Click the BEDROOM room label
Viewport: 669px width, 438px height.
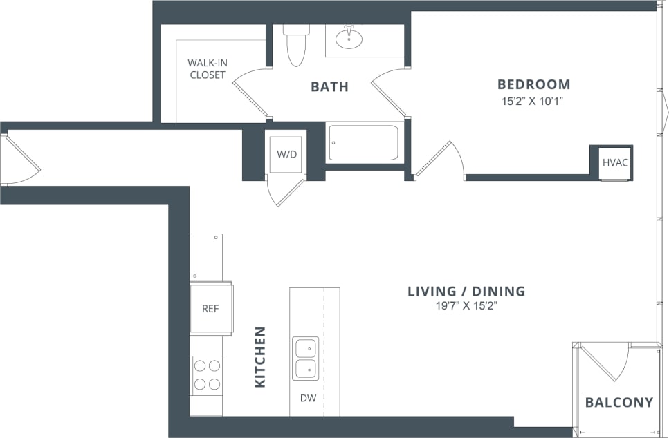pyautogui.click(x=533, y=84)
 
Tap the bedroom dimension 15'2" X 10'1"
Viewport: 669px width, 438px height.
pyautogui.click(x=533, y=101)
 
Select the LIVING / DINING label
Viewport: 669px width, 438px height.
pyautogui.click(x=466, y=291)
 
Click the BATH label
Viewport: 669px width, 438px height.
pyautogui.click(x=329, y=87)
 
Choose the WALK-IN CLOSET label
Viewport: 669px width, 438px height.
pyautogui.click(x=208, y=68)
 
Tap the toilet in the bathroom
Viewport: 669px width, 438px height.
pyautogui.click(x=296, y=45)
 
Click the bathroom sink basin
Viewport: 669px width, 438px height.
pyautogui.click(x=349, y=38)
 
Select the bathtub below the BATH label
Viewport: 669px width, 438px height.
pyautogui.click(x=363, y=142)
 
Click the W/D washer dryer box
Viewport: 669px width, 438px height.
pyautogui.click(x=286, y=154)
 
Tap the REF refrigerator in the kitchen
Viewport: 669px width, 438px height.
pyautogui.click(x=210, y=309)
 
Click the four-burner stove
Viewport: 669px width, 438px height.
pyautogui.click(x=207, y=375)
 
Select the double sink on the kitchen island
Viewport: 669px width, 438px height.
pyautogui.click(x=305, y=359)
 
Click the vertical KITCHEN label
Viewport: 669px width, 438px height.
pyautogui.click(x=260, y=356)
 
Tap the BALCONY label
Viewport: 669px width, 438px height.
pyautogui.click(x=618, y=402)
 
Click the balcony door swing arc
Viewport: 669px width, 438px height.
pyautogui.click(x=609, y=363)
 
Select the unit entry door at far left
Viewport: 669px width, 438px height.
pyautogui.click(x=19, y=160)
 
